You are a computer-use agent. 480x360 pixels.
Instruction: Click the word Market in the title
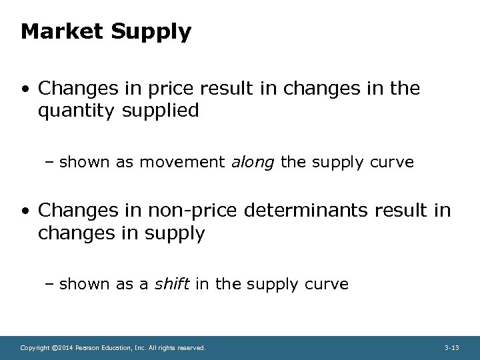(57, 31)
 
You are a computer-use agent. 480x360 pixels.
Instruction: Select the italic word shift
(172, 284)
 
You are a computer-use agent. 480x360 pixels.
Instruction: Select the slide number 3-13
(451, 348)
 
